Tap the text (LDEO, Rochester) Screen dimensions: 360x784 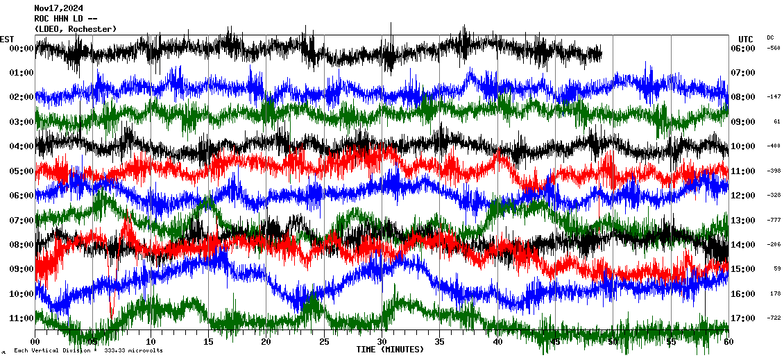[x=76, y=28]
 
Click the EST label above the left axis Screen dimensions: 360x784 [x=7, y=39]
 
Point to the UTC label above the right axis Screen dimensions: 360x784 [x=746, y=39]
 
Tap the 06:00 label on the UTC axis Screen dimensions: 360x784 [x=747, y=49]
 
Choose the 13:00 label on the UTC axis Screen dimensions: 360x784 [x=747, y=220]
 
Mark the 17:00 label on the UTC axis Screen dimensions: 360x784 [x=747, y=318]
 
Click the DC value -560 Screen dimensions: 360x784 [x=774, y=49]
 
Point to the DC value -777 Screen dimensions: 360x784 [x=774, y=220]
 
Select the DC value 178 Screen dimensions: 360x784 [x=775, y=293]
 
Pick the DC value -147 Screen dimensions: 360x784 [x=774, y=97]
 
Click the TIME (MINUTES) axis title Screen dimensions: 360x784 [x=390, y=350]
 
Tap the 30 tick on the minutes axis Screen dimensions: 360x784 [x=382, y=342]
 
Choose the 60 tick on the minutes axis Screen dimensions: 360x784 [x=728, y=342]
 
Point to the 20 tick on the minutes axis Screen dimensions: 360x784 [x=266, y=342]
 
